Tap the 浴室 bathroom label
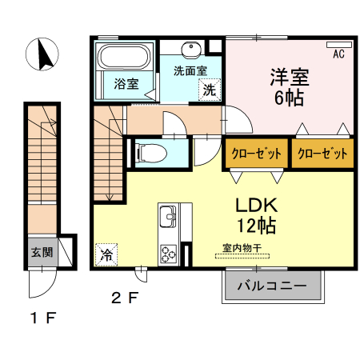coord(126,82)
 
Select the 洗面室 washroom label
coord(190,70)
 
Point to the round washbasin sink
coord(191,50)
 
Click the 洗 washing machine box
coord(208,90)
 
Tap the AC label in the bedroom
coord(338,54)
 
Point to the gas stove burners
coord(169,253)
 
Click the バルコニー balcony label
coord(272,285)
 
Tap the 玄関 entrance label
coord(42,251)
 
